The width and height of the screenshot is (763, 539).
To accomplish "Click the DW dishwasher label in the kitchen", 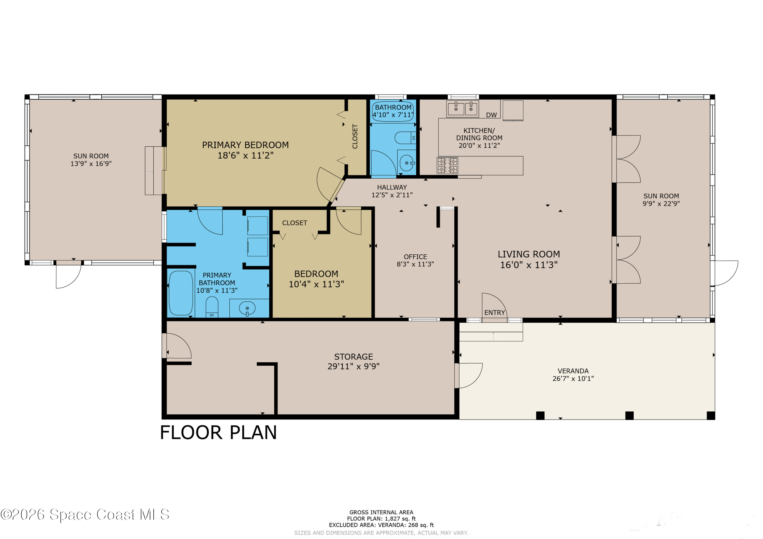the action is point(491,115).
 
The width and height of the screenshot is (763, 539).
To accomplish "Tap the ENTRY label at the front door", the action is point(494,313).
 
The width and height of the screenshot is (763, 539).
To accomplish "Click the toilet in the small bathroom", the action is point(405,137).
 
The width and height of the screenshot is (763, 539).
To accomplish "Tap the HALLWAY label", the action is point(392,187).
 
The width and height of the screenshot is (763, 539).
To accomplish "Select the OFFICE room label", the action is point(415,257).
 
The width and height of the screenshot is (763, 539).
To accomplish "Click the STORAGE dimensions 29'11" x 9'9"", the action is point(354,366).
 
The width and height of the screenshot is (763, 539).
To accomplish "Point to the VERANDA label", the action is point(573,371).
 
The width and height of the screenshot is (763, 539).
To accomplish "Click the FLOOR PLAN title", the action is point(218,433).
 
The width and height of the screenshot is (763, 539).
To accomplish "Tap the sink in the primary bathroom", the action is point(247,308).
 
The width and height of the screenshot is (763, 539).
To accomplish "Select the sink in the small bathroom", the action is point(406,163).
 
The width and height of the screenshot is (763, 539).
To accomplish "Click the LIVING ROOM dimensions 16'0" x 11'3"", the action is point(529,265).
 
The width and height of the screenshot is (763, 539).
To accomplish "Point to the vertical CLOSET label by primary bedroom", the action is point(355,136).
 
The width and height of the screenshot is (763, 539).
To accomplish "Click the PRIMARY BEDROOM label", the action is point(245,145).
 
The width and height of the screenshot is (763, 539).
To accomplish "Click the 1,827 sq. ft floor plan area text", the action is point(400,518).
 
